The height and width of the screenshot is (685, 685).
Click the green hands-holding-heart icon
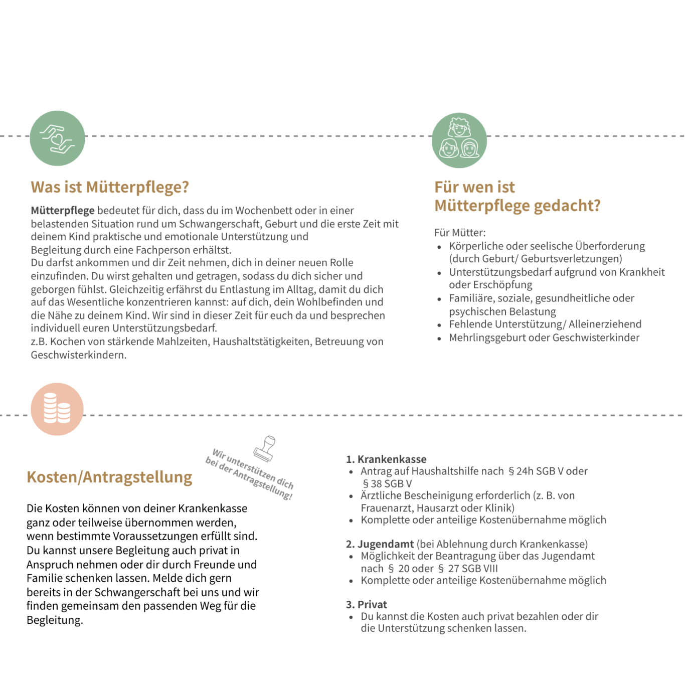58,138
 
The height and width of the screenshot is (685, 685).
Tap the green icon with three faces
459,140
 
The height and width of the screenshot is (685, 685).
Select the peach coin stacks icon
57,409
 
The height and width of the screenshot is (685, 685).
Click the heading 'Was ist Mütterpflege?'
110,187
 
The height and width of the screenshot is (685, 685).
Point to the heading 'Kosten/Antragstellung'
109,477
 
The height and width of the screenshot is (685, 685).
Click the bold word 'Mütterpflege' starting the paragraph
63,211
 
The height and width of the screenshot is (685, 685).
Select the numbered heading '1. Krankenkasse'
386,459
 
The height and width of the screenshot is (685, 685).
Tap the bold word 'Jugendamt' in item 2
386,544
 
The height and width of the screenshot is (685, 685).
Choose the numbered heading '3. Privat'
367,605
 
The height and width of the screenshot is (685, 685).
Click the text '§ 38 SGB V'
387,484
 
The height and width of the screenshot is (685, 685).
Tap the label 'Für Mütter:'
460,233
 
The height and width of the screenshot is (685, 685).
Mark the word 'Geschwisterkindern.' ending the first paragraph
79,355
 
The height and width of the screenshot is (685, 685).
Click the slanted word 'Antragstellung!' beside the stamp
262,484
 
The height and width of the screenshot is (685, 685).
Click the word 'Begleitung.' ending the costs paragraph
55,620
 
